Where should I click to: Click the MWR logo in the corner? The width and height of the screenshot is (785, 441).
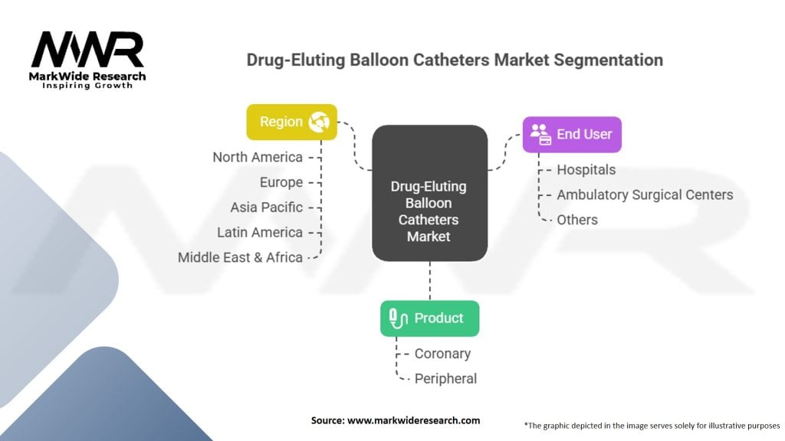pos(87,57)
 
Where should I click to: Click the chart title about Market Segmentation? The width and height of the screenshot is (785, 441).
pos(455,60)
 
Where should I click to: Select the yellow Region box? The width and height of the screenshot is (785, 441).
pos(291,122)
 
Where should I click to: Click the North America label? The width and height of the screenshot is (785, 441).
pos(257,157)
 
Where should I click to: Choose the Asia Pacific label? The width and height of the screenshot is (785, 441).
pos(266,207)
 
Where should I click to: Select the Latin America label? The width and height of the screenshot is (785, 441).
pos(260,232)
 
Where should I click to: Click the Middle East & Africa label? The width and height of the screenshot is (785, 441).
pos(240,257)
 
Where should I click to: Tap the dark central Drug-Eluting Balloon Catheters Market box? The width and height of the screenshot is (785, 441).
pos(429,194)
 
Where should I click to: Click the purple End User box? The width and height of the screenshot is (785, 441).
pos(572,134)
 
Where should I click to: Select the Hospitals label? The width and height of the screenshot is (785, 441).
pos(586,169)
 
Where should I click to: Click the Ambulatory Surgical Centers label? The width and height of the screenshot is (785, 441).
pos(644,194)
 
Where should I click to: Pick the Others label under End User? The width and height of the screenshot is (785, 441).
pos(576,220)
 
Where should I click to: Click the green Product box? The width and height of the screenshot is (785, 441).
pos(429,318)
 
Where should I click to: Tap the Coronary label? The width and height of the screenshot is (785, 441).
pos(442,354)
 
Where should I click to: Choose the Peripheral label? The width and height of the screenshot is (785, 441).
pos(445,378)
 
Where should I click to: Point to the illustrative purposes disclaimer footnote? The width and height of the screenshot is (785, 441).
pos(652,424)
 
